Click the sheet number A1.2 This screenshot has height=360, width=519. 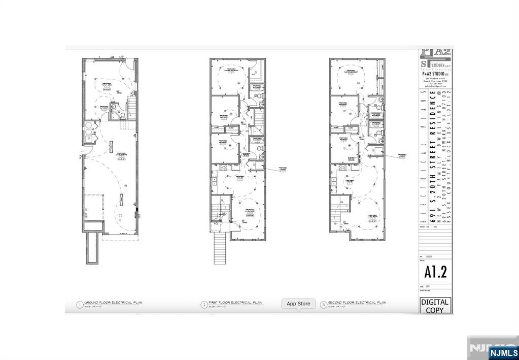(x=435, y=272)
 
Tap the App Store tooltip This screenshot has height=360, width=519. (x=298, y=304)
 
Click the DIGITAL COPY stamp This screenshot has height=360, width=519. (x=435, y=306)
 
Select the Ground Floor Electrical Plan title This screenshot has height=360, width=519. (x=113, y=303)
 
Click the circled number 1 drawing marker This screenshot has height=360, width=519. (x=79, y=305)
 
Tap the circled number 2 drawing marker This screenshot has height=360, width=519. (x=204, y=305)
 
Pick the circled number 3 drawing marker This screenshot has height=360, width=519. (x=323, y=305)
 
